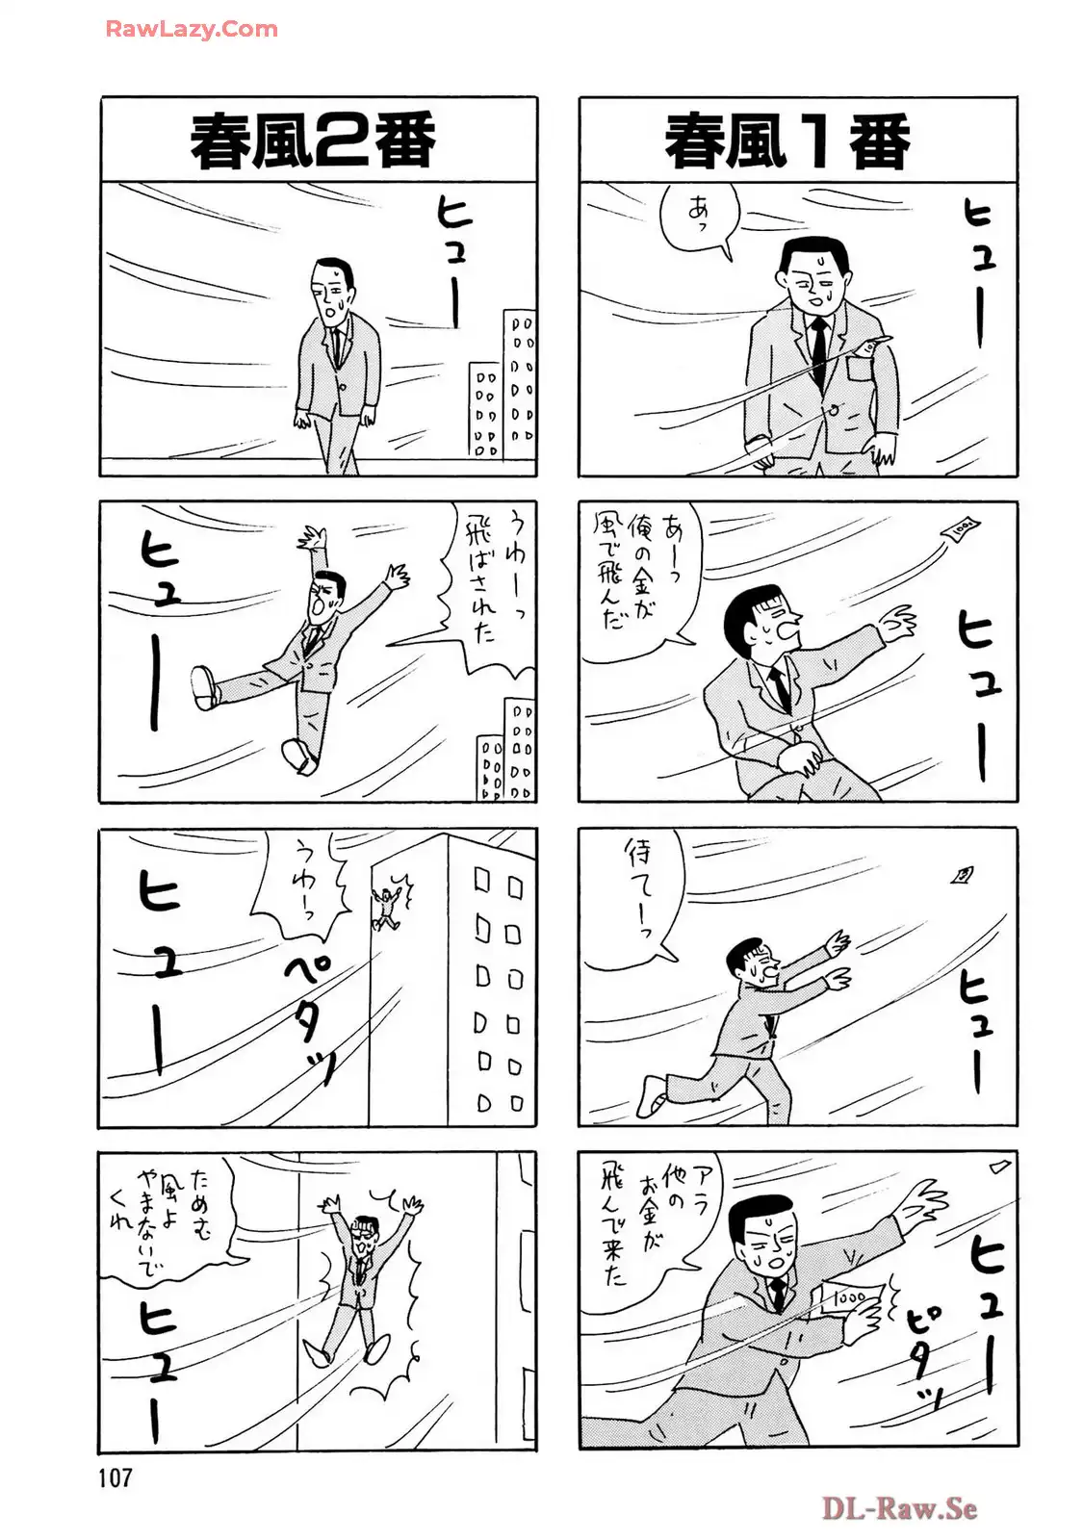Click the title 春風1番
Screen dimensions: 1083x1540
pos(787,141)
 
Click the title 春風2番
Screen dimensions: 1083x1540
pos(313,141)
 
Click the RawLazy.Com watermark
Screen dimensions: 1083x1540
pos(192,29)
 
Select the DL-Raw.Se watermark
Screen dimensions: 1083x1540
pos(899,1508)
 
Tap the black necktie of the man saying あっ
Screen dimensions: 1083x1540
pos(818,350)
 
